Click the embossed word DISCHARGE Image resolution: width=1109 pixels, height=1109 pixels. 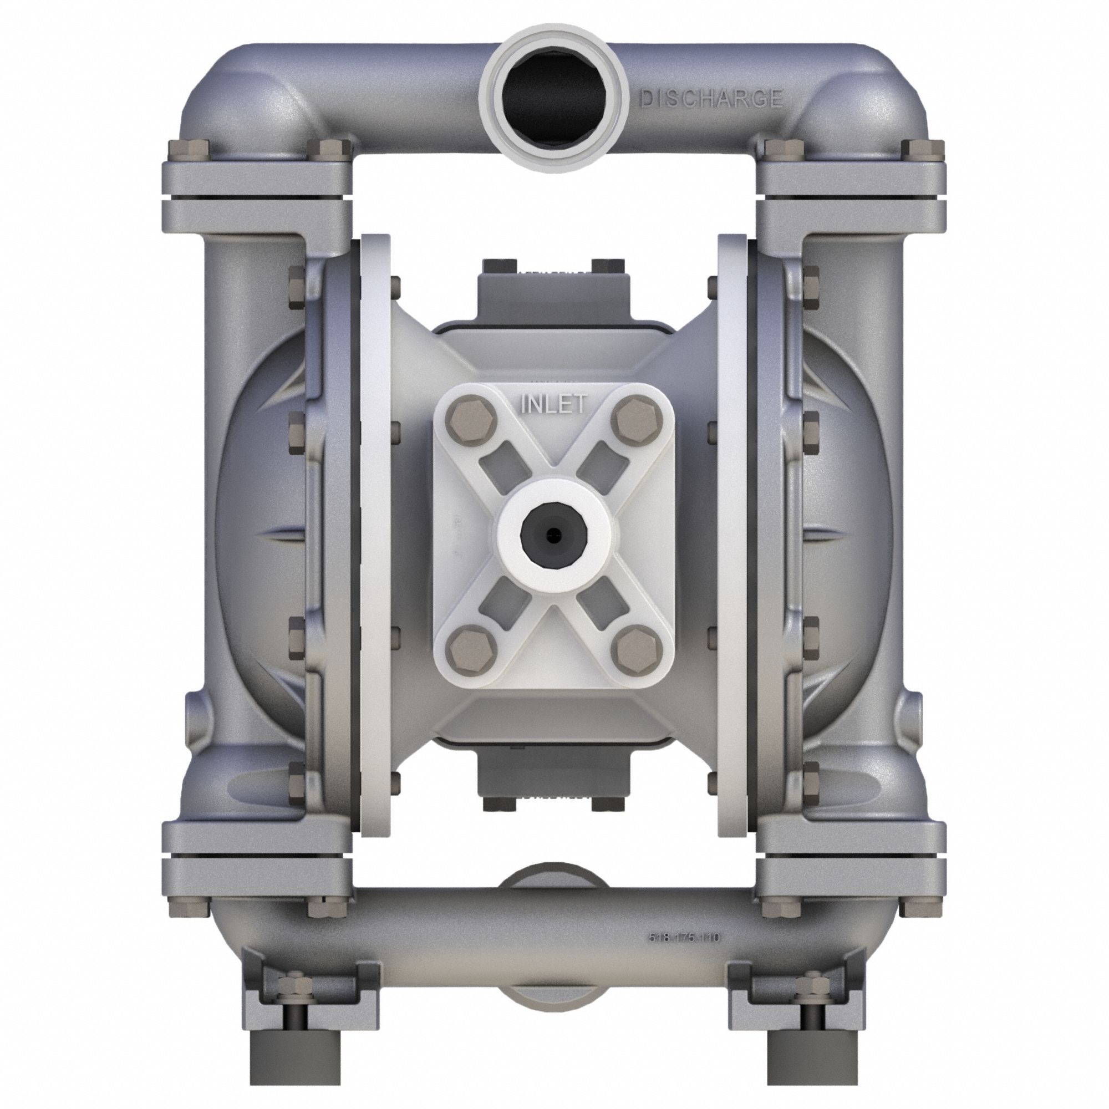click(711, 98)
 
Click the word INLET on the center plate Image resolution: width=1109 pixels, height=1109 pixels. click(553, 404)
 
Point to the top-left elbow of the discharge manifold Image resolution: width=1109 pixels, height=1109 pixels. click(230, 98)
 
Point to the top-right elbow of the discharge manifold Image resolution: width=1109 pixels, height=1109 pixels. click(878, 98)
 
